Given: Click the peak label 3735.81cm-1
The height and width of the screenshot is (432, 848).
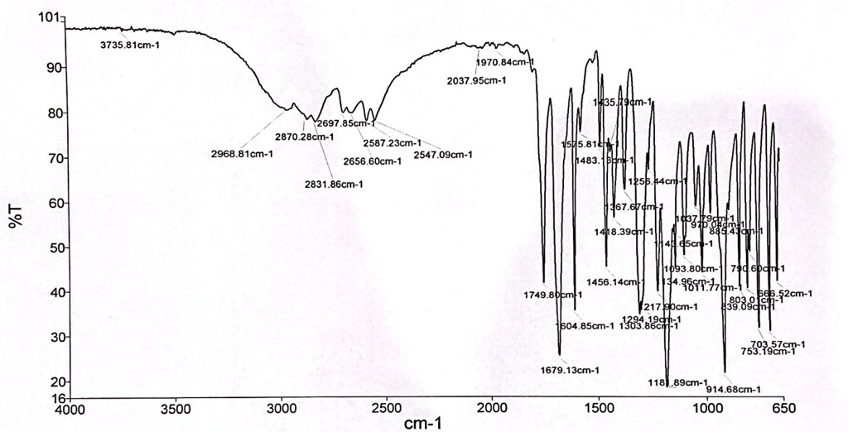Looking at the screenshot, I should (130, 45).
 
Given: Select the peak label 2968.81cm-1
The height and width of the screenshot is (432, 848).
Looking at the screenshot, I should (242, 153).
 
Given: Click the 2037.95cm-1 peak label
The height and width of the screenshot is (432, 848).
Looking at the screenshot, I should (476, 80).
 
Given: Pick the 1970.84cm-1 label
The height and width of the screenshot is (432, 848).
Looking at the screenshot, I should (505, 62).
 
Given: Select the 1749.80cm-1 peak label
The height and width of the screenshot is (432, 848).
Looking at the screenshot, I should (553, 295).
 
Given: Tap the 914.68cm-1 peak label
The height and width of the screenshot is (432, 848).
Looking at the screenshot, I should (734, 389).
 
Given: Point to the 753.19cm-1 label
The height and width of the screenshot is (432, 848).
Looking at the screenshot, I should (768, 351).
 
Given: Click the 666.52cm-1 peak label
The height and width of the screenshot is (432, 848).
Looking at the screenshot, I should (784, 293).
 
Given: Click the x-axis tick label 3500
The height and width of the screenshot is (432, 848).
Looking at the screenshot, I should (176, 409).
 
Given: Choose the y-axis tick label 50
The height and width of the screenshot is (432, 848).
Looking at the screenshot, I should (55, 247).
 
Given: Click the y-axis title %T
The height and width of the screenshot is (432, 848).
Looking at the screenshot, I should (15, 217).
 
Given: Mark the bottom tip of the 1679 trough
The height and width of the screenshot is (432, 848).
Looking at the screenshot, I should (560, 354).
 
